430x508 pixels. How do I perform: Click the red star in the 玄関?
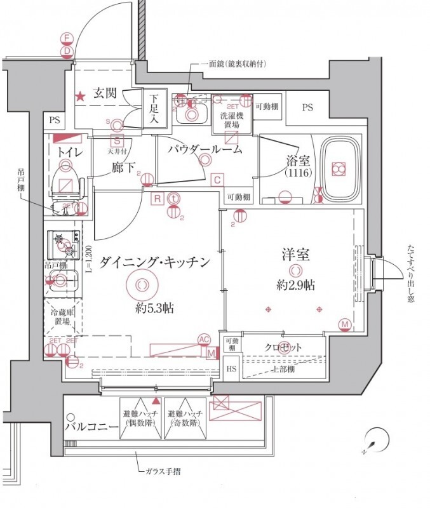pos(81,97)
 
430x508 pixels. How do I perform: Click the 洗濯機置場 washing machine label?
pos(230,121)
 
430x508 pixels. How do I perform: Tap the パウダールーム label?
pos(205,150)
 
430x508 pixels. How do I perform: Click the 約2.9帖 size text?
pos(295,285)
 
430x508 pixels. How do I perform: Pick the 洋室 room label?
pos(295,255)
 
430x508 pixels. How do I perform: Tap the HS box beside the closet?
pos(231,368)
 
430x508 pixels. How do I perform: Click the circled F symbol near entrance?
pos(67,38)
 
